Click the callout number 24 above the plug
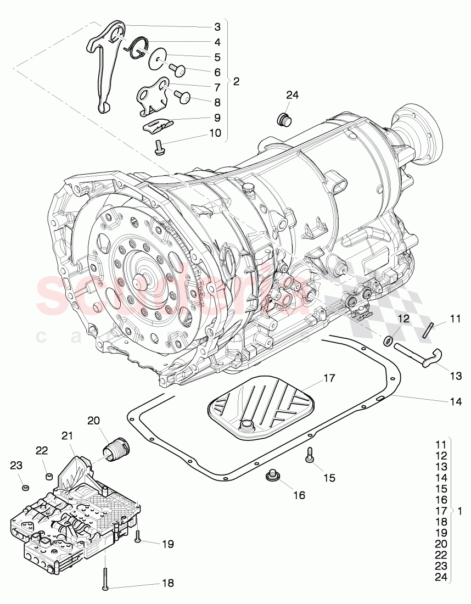[292, 95]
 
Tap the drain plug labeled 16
[271, 476]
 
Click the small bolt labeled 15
[310, 454]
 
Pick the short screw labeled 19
[137, 535]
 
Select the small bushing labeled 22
[48, 476]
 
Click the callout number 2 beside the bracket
[236, 81]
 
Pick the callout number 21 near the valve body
[67, 435]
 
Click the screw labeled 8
[182, 98]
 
